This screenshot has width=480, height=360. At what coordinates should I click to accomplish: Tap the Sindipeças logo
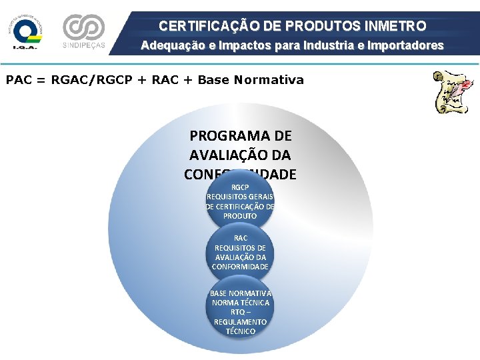click(x=83, y=31)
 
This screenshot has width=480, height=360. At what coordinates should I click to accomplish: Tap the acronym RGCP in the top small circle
click(x=240, y=187)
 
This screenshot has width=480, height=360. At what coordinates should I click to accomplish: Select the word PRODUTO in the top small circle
click(x=240, y=216)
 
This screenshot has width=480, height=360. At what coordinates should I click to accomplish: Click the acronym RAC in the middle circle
click(x=240, y=238)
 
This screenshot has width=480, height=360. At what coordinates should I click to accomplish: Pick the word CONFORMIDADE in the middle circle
click(x=240, y=267)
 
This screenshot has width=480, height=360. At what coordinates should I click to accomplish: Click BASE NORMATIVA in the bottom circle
click(x=240, y=293)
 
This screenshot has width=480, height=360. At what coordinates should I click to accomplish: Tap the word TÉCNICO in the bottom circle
click(x=240, y=331)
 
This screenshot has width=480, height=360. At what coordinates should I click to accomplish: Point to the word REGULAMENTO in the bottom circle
click(x=240, y=322)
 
